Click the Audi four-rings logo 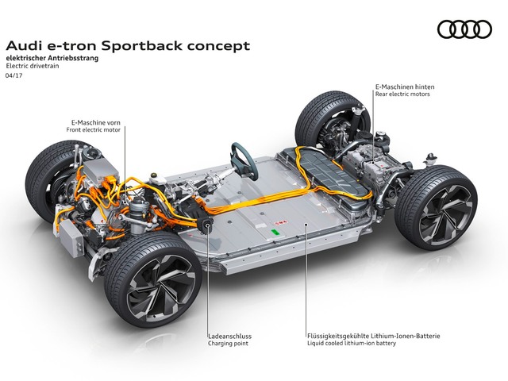click(x=464, y=29)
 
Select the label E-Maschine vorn click(x=97, y=123)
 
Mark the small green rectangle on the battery click(x=275, y=233)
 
